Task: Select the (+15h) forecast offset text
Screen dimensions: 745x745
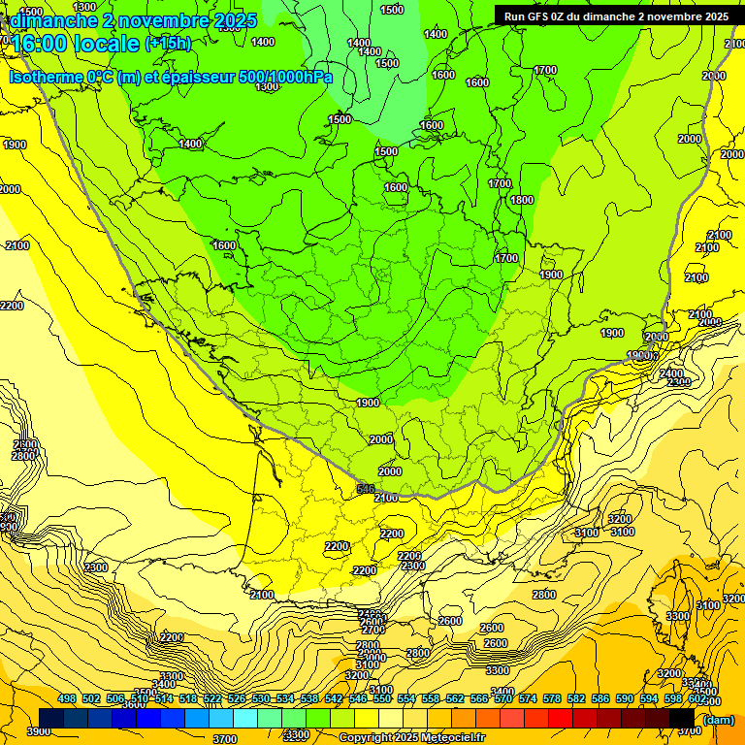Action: (x=168, y=43)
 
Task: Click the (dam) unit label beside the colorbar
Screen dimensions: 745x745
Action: (x=718, y=719)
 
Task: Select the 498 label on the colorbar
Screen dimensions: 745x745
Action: (x=67, y=698)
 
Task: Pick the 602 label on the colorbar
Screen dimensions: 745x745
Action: (x=696, y=698)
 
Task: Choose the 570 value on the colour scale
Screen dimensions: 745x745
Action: (x=502, y=698)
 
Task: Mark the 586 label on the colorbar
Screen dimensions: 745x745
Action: (x=599, y=698)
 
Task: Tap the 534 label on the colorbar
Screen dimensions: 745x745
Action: (x=285, y=698)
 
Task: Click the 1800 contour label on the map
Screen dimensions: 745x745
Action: (x=522, y=200)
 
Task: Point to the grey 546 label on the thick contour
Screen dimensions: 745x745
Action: (x=366, y=489)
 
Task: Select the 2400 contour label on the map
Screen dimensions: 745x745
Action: (x=671, y=373)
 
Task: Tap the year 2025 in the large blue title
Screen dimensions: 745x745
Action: (x=234, y=20)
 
